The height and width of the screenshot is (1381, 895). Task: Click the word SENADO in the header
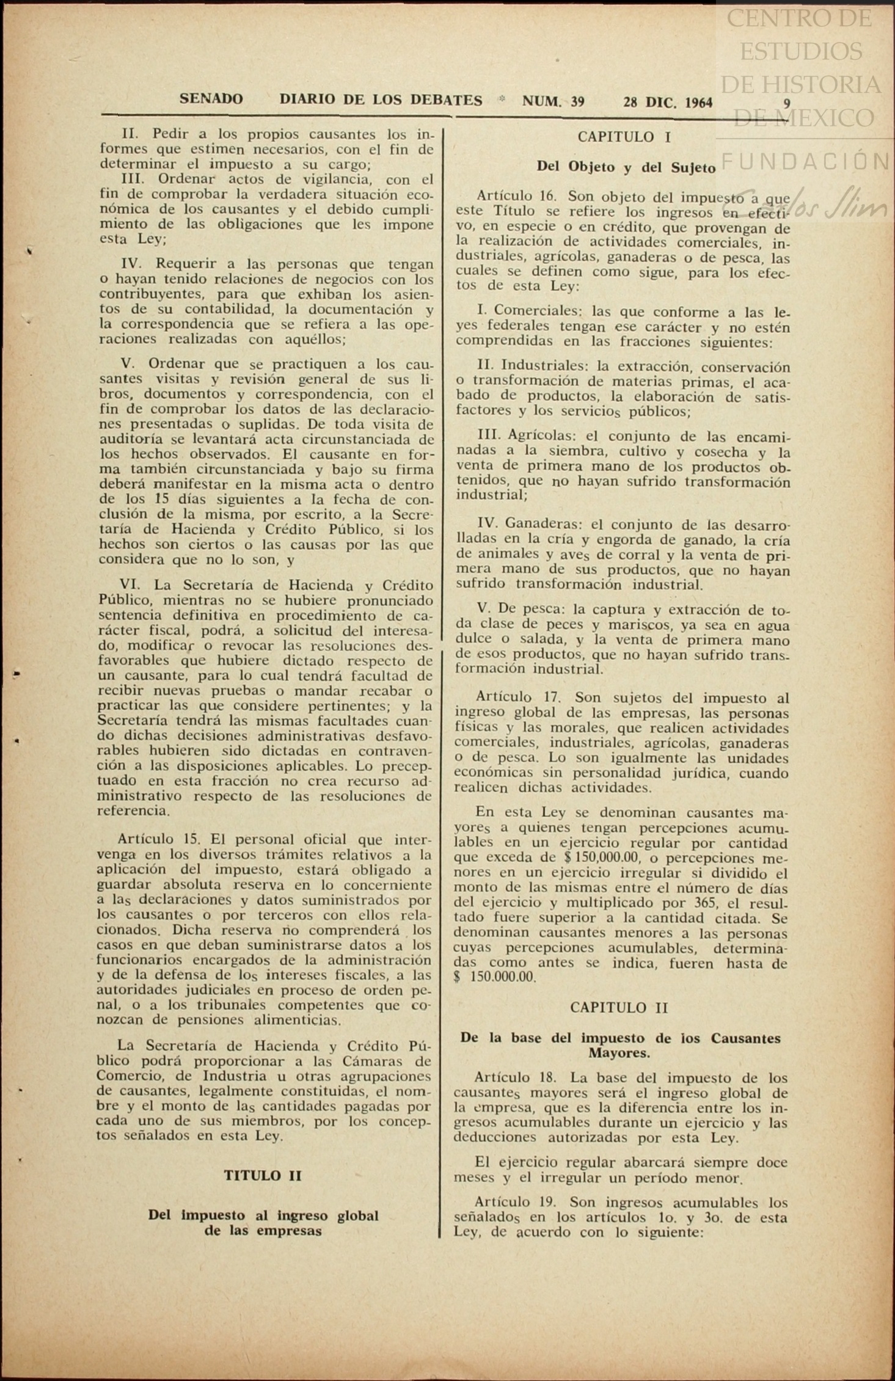(x=211, y=99)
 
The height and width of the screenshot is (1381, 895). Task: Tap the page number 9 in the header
(x=787, y=104)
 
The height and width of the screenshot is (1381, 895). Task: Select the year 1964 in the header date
(x=698, y=103)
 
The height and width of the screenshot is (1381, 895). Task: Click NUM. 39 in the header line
(x=553, y=102)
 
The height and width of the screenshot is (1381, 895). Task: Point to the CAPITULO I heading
(x=624, y=137)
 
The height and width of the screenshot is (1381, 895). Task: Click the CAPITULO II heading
(x=619, y=1008)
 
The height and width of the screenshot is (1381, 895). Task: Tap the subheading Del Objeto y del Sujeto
(x=626, y=167)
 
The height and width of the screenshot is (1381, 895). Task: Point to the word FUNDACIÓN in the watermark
(x=805, y=162)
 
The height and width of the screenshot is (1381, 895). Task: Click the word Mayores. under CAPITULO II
(x=619, y=1053)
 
